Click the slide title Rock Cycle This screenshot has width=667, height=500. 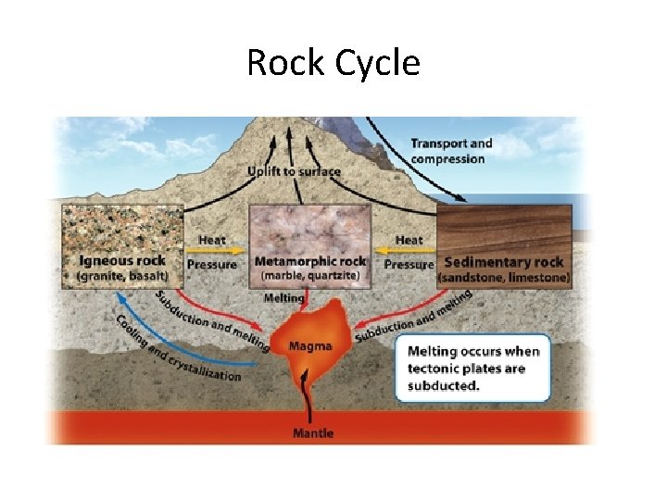pyautogui.click(x=333, y=63)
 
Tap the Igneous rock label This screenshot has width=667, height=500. pyautogui.click(x=122, y=261)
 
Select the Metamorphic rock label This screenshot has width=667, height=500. pyautogui.click(x=310, y=261)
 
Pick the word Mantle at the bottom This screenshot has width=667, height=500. pyautogui.click(x=312, y=432)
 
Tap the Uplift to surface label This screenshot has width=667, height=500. pyautogui.click(x=294, y=171)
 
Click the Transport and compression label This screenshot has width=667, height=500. pyautogui.click(x=451, y=151)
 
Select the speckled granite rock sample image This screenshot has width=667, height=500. pyautogui.click(x=123, y=228)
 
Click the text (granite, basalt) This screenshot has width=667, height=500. pyautogui.click(x=122, y=276)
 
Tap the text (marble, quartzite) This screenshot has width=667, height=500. pyautogui.click(x=310, y=275)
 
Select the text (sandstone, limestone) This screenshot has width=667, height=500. pyautogui.click(x=504, y=277)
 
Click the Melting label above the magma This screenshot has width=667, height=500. pyautogui.click(x=283, y=298)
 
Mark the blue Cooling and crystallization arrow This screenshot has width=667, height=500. pyautogui.click(x=162, y=356)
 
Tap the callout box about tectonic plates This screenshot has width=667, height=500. pyautogui.click(x=472, y=368)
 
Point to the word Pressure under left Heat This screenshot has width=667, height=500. pyautogui.click(x=212, y=265)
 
